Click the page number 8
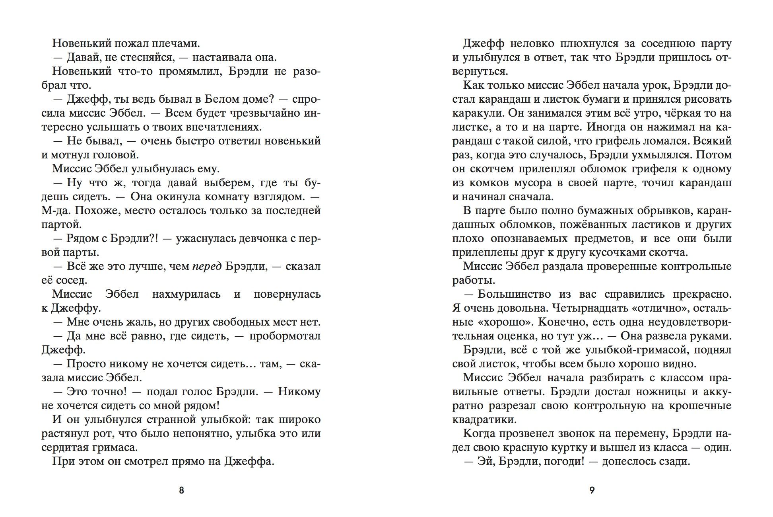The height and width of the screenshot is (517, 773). pyautogui.click(x=182, y=490)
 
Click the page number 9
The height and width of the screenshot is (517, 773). pyautogui.click(x=592, y=490)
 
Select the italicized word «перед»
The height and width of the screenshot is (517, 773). pyautogui.click(x=207, y=266)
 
